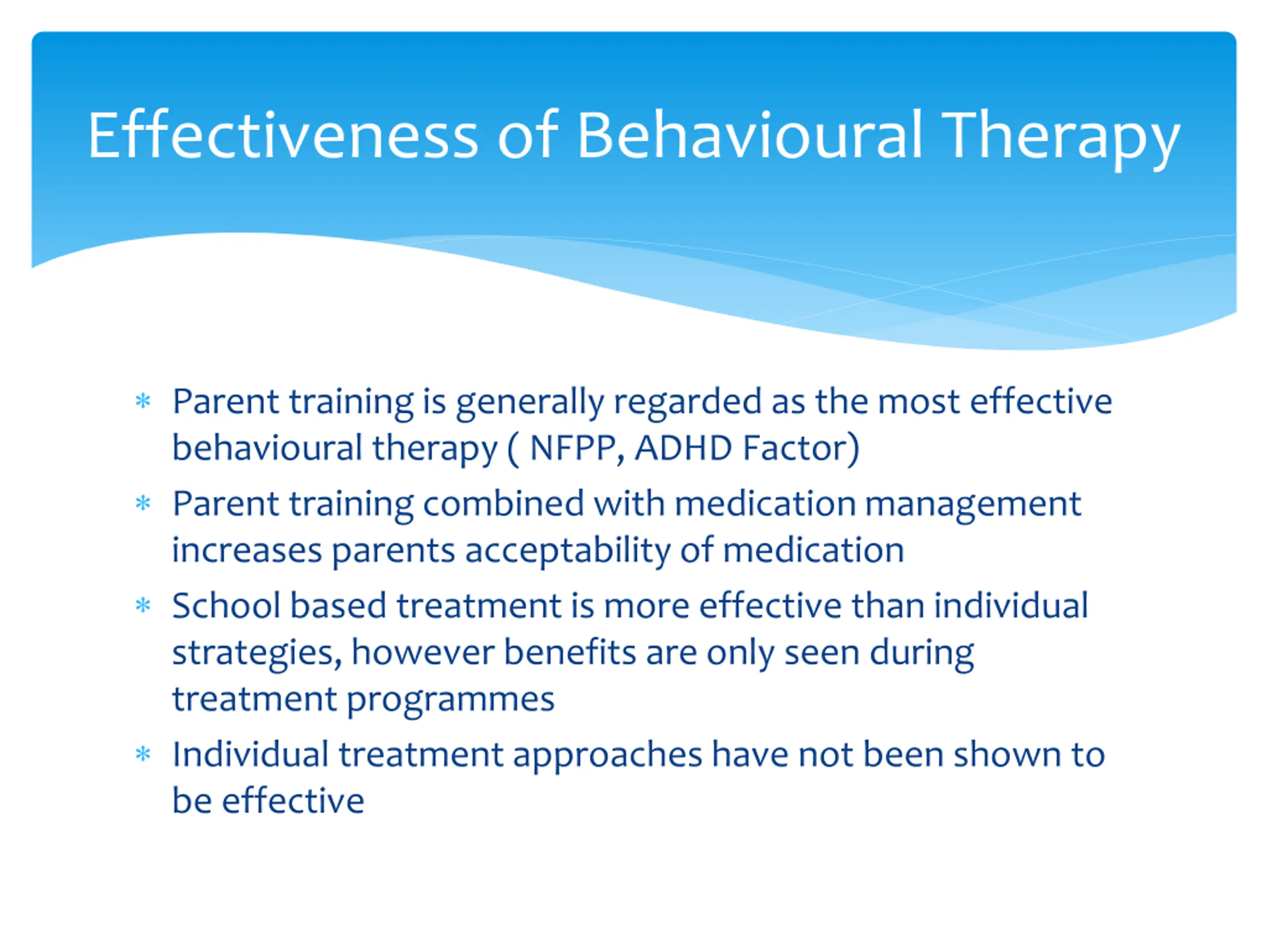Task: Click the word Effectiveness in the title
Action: click(283, 135)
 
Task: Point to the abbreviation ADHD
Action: click(683, 447)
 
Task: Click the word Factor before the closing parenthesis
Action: click(794, 447)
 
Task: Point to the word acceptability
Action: click(568, 552)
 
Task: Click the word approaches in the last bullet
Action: click(607, 756)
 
